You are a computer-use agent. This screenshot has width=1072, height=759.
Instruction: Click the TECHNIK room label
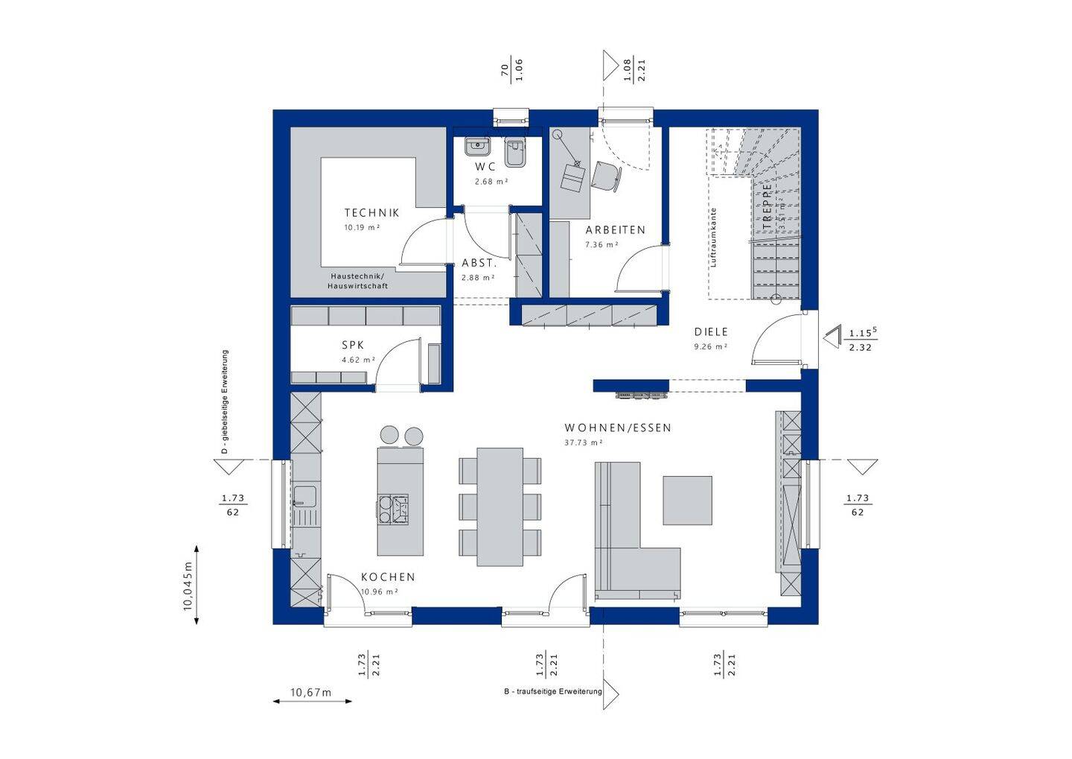click(371, 213)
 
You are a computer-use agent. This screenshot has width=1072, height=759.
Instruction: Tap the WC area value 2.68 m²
click(491, 182)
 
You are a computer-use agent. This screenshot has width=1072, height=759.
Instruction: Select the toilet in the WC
click(514, 153)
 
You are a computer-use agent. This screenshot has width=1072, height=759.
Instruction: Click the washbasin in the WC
click(476, 146)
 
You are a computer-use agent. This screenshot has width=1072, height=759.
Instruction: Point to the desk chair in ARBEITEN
click(606, 176)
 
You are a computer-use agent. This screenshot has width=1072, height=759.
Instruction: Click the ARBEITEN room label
click(615, 230)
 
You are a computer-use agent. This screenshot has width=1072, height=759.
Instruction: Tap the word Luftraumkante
click(713, 237)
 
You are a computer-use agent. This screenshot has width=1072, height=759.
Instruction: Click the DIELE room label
click(711, 332)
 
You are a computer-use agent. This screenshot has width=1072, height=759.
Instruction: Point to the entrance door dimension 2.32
click(860, 348)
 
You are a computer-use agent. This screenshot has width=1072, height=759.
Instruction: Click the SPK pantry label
click(353, 346)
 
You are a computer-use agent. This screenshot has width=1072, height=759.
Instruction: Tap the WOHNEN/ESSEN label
click(618, 428)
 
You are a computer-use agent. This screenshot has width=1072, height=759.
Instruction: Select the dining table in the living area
click(500, 506)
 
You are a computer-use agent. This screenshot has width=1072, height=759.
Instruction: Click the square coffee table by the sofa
click(687, 501)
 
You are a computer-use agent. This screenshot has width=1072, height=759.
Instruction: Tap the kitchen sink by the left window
click(304, 496)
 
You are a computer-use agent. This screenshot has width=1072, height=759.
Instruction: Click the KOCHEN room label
click(388, 577)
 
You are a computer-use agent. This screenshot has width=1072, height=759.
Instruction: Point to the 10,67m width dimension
click(310, 693)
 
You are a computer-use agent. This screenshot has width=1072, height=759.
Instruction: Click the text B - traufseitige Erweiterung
click(552, 692)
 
